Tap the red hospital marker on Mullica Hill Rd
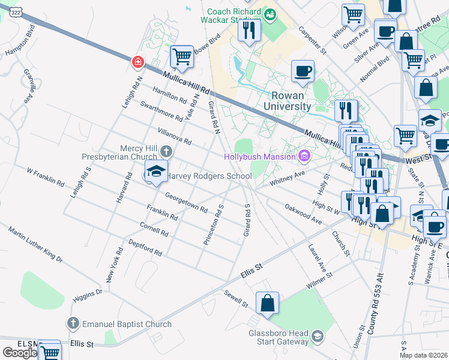(x=138, y=62)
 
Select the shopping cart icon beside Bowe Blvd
(x=182, y=57)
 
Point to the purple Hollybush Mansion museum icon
(x=304, y=157)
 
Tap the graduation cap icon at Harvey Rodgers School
(x=156, y=173)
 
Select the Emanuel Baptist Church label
(x=128, y=324)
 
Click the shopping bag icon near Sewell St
(x=267, y=303)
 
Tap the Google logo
(x=20, y=353)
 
